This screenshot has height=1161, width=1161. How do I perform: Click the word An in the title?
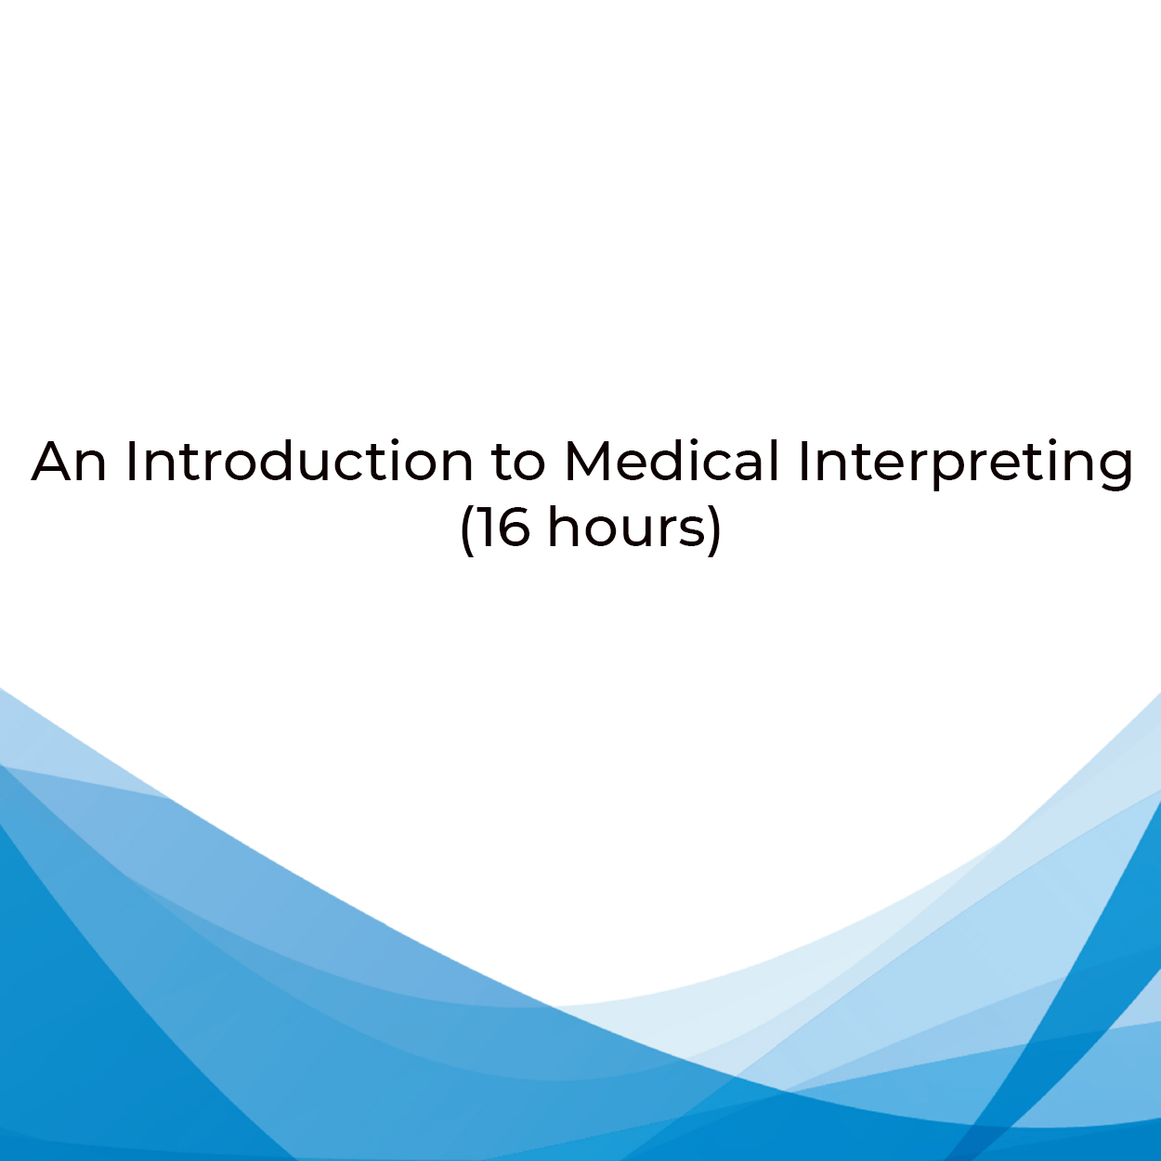[69, 462]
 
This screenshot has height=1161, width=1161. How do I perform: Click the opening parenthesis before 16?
[467, 530]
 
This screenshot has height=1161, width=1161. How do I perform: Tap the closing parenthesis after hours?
[714, 530]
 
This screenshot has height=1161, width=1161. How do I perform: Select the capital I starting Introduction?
[130, 462]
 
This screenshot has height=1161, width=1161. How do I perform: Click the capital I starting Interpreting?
[803, 462]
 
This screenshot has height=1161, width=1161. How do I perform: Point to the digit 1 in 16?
[488, 528]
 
